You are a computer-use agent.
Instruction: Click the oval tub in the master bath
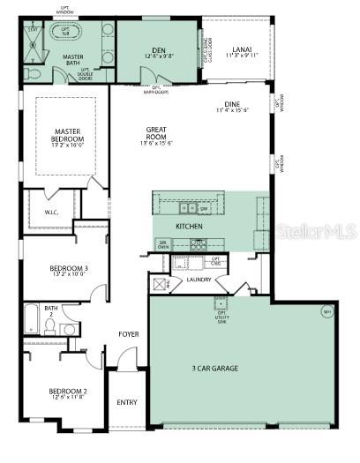point(65,34)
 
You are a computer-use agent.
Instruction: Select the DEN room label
point(160,50)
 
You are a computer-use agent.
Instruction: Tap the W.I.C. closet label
point(49,212)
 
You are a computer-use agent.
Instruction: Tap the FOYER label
point(129,334)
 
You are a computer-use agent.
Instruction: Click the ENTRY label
point(127,402)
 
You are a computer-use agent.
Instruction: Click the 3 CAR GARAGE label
point(214,368)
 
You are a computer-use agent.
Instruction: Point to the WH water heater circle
point(326,311)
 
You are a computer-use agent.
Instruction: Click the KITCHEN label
point(189,227)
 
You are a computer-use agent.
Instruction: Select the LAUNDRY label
point(199,280)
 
